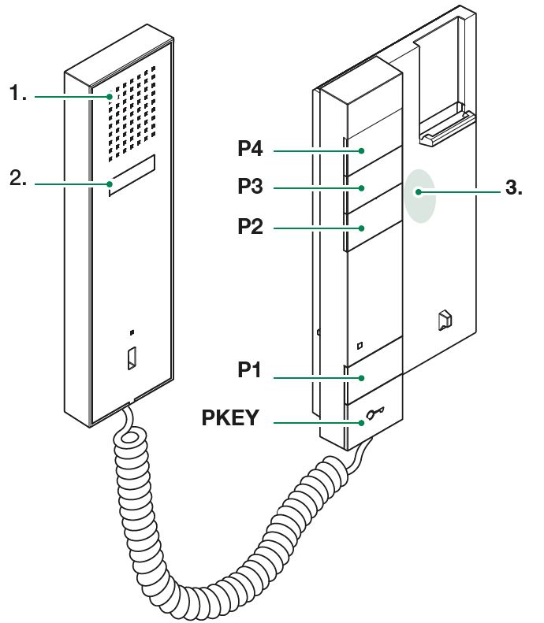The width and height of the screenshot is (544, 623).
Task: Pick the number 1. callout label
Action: coord(19,95)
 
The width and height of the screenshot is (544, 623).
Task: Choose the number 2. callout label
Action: coord(19,180)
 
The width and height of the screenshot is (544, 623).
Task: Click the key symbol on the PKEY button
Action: coord(374,417)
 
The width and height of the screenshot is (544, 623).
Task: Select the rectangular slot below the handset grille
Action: coord(132,175)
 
